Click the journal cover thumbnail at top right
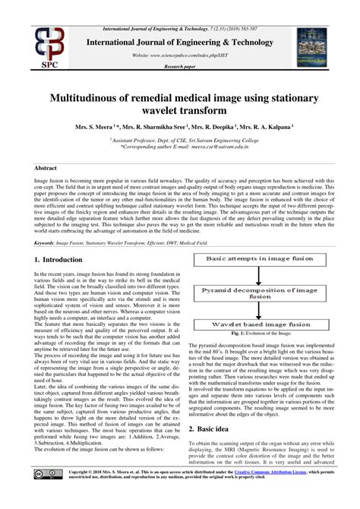pyautogui.click(x=317, y=43)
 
